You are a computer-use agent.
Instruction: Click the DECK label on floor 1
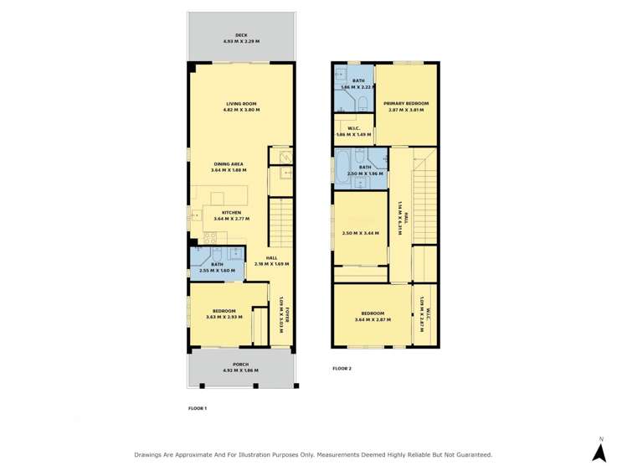click(x=241, y=35)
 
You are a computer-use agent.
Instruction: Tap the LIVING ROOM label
click(x=241, y=104)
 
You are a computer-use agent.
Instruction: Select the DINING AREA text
click(x=229, y=164)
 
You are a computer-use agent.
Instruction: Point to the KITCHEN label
click(x=231, y=212)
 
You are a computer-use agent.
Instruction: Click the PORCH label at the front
click(x=241, y=364)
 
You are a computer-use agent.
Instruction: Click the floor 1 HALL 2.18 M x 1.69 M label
click(x=272, y=257)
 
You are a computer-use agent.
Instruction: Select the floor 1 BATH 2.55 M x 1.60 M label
click(x=217, y=265)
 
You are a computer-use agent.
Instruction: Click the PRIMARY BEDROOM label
click(x=406, y=104)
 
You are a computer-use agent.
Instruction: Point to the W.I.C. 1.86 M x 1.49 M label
click(x=353, y=128)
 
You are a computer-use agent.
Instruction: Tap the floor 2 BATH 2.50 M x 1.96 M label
click(x=365, y=168)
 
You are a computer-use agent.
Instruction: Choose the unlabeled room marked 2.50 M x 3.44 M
click(x=360, y=233)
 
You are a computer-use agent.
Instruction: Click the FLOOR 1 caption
click(x=197, y=408)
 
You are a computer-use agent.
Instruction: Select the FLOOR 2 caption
click(x=342, y=369)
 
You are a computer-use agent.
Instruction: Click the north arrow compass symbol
click(x=599, y=452)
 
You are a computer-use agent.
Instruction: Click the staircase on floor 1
click(x=280, y=222)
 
